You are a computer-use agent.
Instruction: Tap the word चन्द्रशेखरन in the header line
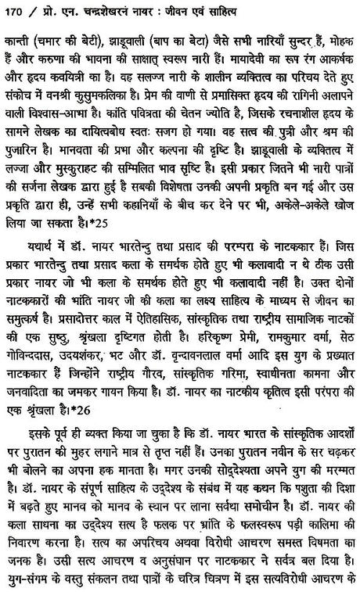[107, 13]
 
